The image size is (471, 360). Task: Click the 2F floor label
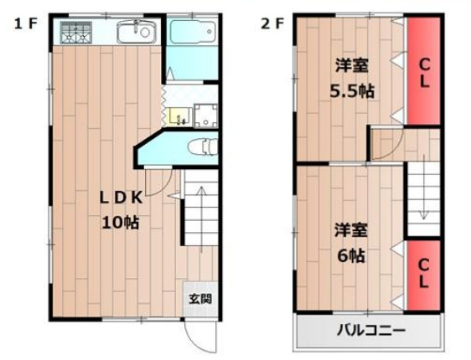coord(272,23)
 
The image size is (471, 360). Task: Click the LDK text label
coord(121,198)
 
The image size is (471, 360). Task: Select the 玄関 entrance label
coord(199,298)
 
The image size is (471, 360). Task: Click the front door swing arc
coord(200,339)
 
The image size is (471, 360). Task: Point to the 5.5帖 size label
coord(352,91)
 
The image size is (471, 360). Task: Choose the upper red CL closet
coord(424,71)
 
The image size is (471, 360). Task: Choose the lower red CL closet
coord(424,273)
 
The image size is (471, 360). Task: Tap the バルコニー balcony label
coord(370,331)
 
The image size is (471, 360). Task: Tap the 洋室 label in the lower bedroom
coord(351,229)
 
